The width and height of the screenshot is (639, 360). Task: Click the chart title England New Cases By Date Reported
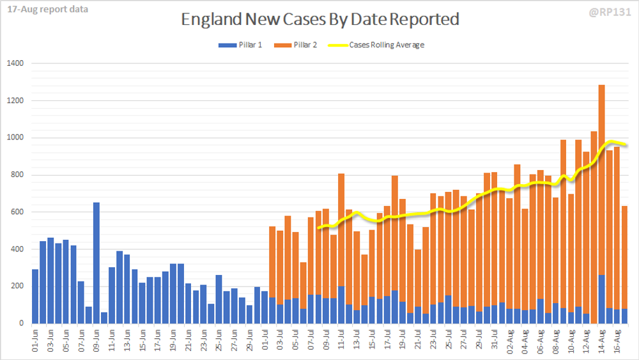tap(320, 20)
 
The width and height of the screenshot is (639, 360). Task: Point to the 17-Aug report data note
tap(44, 10)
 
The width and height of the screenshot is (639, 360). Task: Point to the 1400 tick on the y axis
tap(15, 63)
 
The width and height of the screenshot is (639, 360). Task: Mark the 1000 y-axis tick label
tap(15, 137)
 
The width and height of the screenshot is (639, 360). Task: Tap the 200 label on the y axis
tap(17, 286)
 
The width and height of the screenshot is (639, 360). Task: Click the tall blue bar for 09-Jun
tap(96, 262)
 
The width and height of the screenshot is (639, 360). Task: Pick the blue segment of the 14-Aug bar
tap(602, 299)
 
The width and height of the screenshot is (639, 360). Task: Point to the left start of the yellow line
tap(318, 228)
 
